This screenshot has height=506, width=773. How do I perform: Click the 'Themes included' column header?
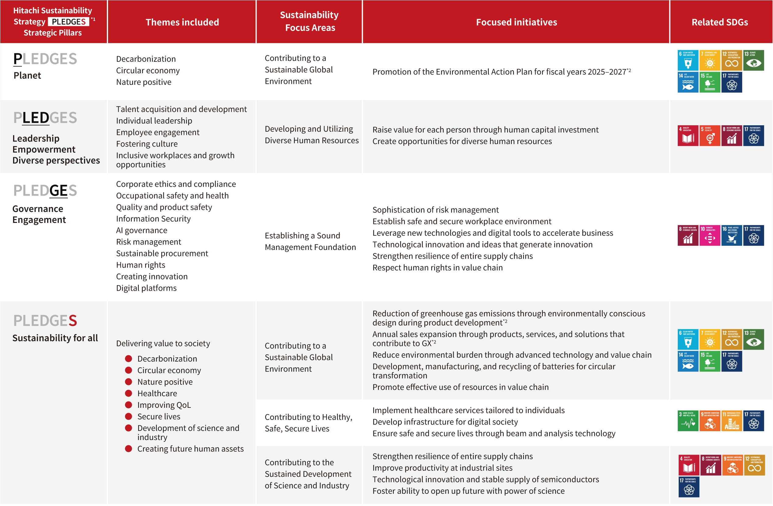point(182,22)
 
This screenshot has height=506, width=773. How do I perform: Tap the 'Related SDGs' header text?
point(719,22)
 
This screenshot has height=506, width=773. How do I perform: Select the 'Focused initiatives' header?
point(516,22)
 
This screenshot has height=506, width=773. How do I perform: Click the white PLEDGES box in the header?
point(68,22)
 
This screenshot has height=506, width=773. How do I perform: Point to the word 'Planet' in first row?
point(27,76)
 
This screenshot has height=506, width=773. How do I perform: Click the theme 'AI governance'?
point(142,230)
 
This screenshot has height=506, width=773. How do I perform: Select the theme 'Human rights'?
point(141,265)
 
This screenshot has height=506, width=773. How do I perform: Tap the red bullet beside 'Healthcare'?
point(129,393)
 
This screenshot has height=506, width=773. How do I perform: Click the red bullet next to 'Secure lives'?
point(129,416)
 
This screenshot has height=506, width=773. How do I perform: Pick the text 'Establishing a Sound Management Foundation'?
point(310,241)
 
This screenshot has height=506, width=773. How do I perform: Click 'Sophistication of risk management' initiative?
point(435,210)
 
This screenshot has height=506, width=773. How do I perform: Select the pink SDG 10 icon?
point(710,236)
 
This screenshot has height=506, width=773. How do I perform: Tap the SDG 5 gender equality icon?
point(710,136)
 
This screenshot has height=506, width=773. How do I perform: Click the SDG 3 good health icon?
point(687,421)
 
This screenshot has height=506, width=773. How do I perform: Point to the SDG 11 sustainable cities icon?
point(731,421)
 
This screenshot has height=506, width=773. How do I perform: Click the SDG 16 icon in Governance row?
point(731,236)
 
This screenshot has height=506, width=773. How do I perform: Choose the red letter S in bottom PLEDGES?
point(73,321)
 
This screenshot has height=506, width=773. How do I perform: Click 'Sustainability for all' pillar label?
point(55,338)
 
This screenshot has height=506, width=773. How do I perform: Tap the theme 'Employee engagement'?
point(158,132)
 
